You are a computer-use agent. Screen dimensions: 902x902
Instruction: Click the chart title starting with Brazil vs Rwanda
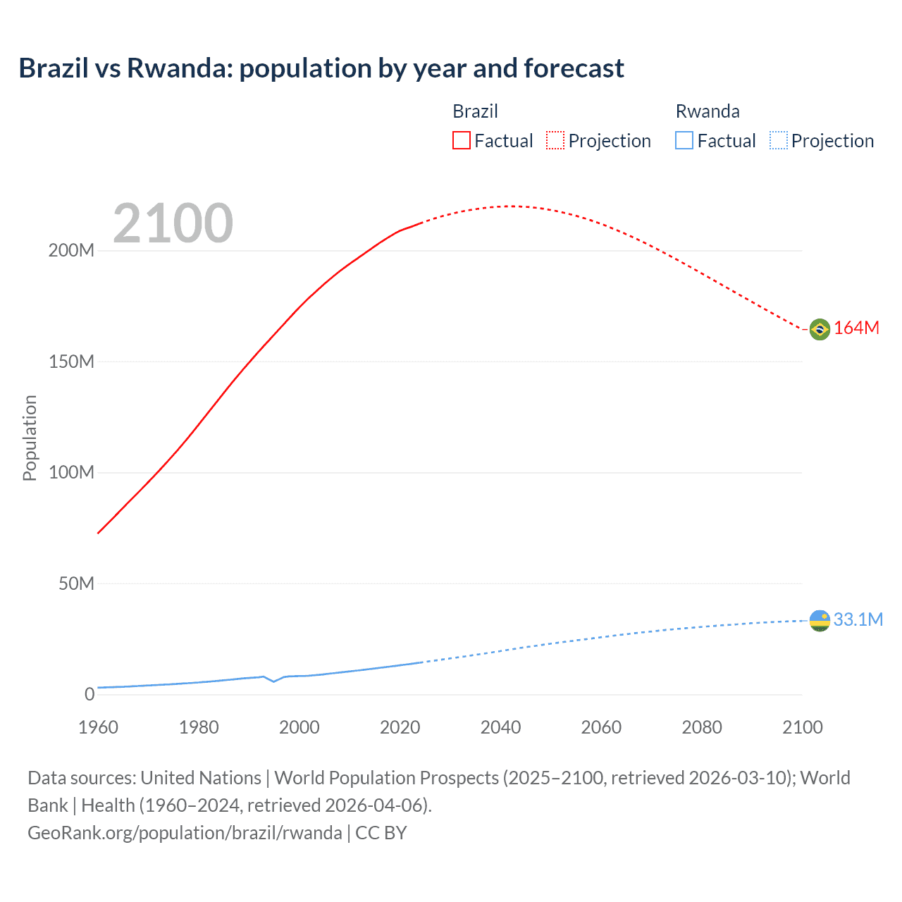coord(321,68)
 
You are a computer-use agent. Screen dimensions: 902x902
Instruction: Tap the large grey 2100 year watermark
coord(173,223)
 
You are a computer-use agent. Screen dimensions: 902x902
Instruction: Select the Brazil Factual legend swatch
coord(461,140)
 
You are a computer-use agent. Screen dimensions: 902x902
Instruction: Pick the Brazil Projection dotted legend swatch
coord(555,140)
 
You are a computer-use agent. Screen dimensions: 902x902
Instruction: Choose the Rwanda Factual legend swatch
coord(684,140)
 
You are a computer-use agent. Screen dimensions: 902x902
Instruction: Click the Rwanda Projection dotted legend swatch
coord(778,140)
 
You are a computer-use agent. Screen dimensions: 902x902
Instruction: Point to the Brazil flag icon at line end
coord(820,329)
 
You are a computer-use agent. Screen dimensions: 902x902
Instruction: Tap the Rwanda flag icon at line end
coord(820,621)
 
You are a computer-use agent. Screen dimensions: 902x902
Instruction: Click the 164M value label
coord(856,328)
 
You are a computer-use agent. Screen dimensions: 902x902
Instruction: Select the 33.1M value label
coord(858,619)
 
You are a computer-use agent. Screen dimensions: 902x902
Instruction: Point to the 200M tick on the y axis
coord(71,251)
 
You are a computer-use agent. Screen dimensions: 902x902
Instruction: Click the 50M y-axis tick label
coord(76,583)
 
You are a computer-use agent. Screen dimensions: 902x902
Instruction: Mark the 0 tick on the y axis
coord(89,694)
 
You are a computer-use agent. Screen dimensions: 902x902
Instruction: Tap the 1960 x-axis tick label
coord(98,727)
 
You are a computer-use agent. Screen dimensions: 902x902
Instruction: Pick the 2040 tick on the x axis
coord(500,727)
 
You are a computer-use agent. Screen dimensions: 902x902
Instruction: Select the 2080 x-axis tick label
coord(702,727)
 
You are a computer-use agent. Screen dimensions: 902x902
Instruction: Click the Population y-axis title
coord(30,438)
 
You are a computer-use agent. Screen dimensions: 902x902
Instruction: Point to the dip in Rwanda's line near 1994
coord(274,681)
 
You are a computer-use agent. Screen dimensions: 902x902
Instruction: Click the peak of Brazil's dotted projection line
coord(509,206)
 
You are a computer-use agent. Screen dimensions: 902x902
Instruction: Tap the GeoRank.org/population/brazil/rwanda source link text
coord(185,833)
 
